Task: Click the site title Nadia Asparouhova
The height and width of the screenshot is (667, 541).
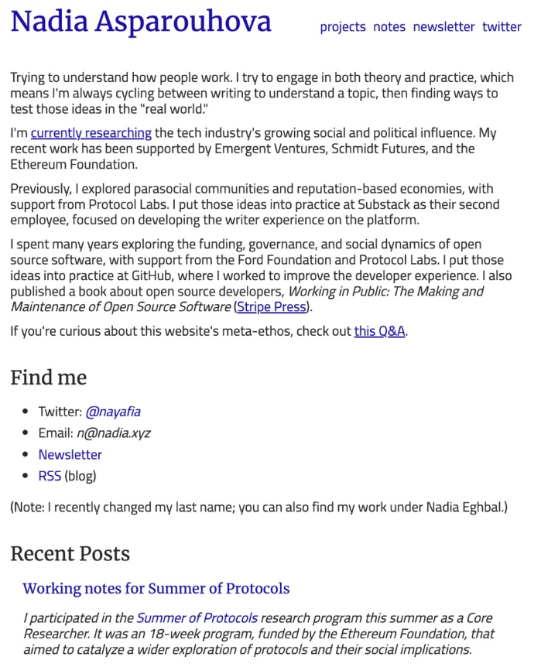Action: [141, 22]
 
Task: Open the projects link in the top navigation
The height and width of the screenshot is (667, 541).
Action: [342, 26]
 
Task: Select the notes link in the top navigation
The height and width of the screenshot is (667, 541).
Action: [389, 26]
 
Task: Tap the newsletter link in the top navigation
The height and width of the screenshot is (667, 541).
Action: [443, 26]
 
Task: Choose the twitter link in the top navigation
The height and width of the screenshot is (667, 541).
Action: [502, 26]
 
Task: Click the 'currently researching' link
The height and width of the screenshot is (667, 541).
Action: [91, 133]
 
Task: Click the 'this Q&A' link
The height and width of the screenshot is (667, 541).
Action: [379, 332]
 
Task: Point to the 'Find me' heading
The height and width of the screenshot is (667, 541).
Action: [48, 378]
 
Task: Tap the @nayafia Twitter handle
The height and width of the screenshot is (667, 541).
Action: [113, 412]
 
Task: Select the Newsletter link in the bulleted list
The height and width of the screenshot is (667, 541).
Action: [70, 455]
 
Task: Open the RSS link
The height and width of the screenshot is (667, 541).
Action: [50, 476]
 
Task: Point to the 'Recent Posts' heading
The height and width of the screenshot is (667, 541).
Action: [70, 554]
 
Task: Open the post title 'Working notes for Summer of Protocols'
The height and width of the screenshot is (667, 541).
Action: [156, 589]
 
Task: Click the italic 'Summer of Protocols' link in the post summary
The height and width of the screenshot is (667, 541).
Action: [197, 618]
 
